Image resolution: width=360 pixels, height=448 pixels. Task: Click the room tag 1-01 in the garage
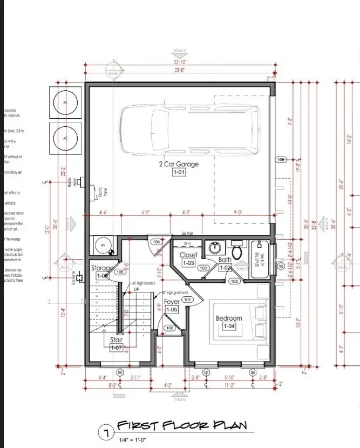tap(178, 173)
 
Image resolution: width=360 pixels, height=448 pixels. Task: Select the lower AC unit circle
tap(65, 138)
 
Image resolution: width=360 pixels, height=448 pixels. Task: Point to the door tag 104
tap(155, 242)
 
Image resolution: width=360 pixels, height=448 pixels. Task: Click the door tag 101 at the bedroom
tap(187, 299)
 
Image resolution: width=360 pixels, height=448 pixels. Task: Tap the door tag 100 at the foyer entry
tap(169, 328)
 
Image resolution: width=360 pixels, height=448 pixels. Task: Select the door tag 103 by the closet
tap(203, 268)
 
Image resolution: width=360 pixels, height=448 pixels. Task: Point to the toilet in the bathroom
tap(236, 250)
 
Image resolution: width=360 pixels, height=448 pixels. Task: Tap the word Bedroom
tap(229, 318)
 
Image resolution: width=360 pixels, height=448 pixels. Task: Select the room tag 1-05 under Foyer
tap(172, 310)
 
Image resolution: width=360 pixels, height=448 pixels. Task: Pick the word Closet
tap(188, 255)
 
